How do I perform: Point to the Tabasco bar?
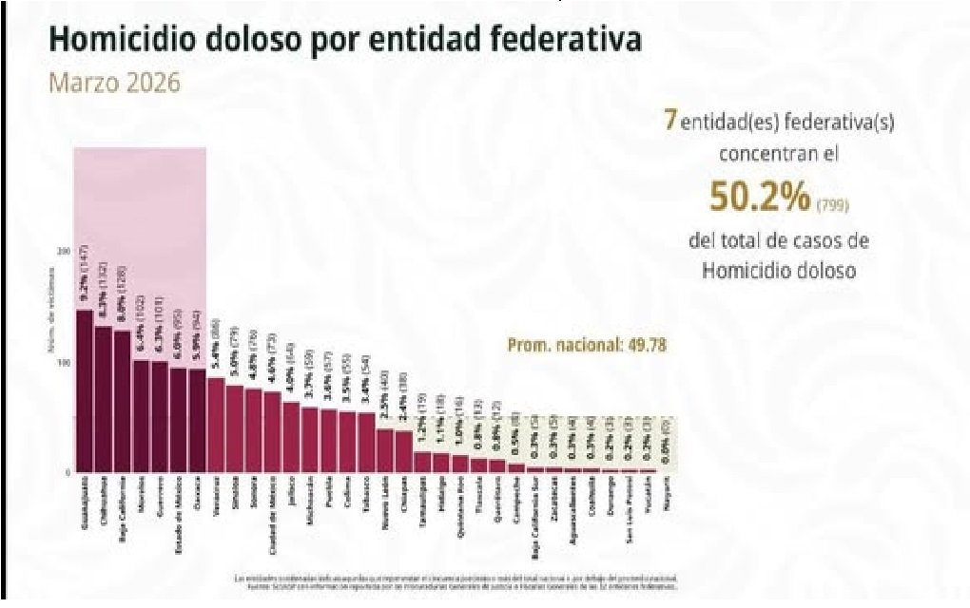[x=365, y=442]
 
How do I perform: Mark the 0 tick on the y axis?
[x=68, y=472]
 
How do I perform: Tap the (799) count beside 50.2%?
[x=835, y=202]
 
